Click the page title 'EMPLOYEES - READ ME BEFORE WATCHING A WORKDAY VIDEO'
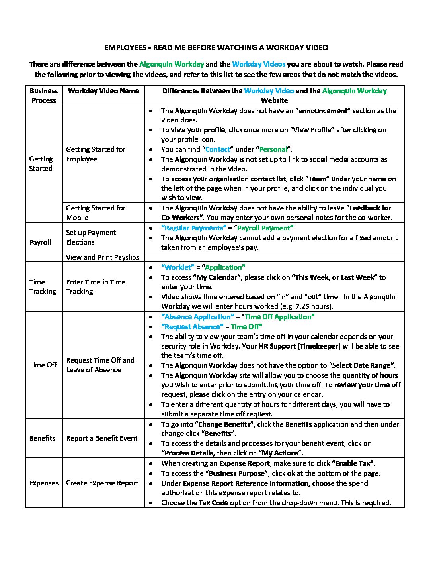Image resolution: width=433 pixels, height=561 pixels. (x=216, y=48)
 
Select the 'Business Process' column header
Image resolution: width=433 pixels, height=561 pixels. (x=44, y=96)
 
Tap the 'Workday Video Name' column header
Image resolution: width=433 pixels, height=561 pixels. (x=103, y=91)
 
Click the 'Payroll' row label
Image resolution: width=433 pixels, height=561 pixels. (x=40, y=242)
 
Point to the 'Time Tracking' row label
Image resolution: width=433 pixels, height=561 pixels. (x=42, y=287)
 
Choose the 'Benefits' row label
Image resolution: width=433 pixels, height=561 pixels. (x=42, y=438)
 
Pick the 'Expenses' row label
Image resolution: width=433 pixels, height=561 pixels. (x=44, y=483)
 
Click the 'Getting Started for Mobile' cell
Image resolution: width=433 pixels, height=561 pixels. (x=96, y=213)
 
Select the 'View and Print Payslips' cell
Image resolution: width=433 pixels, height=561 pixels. (x=103, y=257)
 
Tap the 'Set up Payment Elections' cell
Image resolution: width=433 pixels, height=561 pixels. (x=91, y=237)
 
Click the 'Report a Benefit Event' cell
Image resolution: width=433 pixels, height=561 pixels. (x=102, y=438)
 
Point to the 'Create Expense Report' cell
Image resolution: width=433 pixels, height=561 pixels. (x=102, y=483)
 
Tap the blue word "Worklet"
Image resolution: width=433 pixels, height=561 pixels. (x=178, y=267)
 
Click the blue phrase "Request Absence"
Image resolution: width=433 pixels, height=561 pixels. (x=192, y=327)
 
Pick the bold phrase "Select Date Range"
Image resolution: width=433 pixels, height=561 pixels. (x=362, y=365)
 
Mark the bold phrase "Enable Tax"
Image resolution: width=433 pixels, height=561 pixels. (x=353, y=463)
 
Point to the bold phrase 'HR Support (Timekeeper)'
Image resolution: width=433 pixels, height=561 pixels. (x=300, y=346)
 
